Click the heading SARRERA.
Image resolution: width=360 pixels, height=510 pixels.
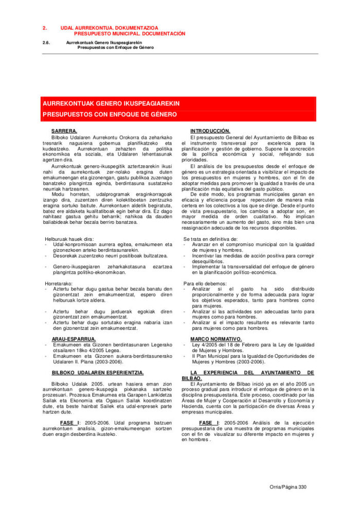[x=64, y=131]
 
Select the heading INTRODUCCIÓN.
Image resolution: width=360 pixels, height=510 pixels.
[x=210, y=131]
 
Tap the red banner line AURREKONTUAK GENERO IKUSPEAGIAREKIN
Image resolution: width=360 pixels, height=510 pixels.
[x=111, y=103]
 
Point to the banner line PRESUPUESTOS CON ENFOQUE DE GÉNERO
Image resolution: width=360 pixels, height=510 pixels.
[x=110, y=114]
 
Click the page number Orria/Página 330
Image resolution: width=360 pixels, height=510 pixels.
[x=288, y=487]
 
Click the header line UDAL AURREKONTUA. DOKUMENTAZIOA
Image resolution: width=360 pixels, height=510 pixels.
[x=109, y=27]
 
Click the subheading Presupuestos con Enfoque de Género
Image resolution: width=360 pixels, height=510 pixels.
[x=115, y=47]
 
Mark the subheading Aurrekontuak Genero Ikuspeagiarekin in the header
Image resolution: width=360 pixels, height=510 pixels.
[x=103, y=42]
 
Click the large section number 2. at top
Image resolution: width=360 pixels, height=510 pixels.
[x=45, y=27]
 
